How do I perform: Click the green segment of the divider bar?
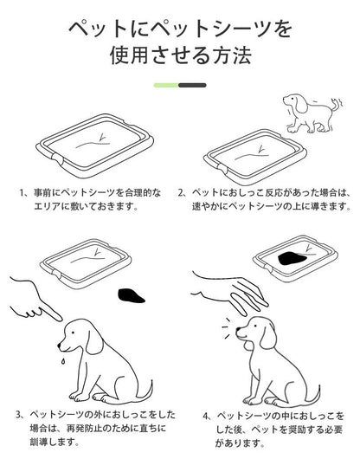[166, 85]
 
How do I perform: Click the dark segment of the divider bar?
[192, 85]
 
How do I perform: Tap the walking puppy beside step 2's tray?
[312, 113]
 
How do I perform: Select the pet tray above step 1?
[94, 145]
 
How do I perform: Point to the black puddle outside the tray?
[131, 295]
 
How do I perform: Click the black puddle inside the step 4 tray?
[292, 259]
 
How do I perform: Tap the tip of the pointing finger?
[61, 318]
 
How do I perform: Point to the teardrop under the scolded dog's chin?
[62, 362]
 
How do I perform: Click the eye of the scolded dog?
[72, 333]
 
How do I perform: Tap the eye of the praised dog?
[255, 326]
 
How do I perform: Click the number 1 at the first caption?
[22, 193]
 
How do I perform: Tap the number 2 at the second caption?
[181, 193]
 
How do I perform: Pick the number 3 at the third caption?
[18, 415]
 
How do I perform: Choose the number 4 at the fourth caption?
[206, 416]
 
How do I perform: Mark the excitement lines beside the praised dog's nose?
[226, 328]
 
